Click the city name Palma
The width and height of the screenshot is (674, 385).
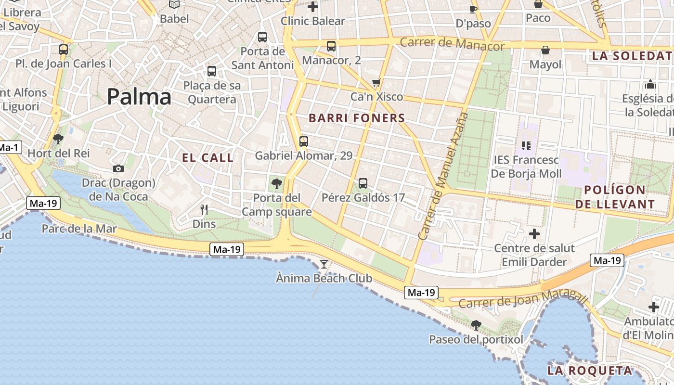click(139, 97)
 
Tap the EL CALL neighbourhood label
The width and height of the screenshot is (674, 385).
click(207, 158)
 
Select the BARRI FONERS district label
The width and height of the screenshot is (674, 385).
click(357, 118)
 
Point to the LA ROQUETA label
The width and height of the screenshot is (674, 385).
click(589, 371)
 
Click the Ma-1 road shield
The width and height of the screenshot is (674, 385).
click(9, 147)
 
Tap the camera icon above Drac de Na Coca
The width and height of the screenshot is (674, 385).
click(118, 168)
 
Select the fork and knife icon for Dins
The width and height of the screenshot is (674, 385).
click(204, 209)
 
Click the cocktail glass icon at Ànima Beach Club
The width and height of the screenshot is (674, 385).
click(324, 264)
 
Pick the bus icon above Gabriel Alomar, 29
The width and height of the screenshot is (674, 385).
click(303, 141)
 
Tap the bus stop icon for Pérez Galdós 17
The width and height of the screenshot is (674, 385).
click(363, 183)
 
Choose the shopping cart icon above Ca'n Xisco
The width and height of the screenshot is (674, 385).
click(376, 82)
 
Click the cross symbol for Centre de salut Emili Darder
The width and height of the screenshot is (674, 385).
click(534, 234)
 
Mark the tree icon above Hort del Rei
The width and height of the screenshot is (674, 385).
click(58, 139)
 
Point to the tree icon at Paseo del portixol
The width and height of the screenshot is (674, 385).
click(476, 325)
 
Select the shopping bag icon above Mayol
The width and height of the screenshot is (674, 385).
click(545, 50)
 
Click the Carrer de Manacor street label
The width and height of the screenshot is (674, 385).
click(452, 44)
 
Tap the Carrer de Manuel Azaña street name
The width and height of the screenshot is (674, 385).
click(443, 176)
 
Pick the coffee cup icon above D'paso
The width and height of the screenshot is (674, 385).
click(473, 9)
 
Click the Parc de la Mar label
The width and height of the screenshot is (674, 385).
click(79, 229)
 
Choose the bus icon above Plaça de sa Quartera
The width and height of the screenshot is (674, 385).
click(212, 71)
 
